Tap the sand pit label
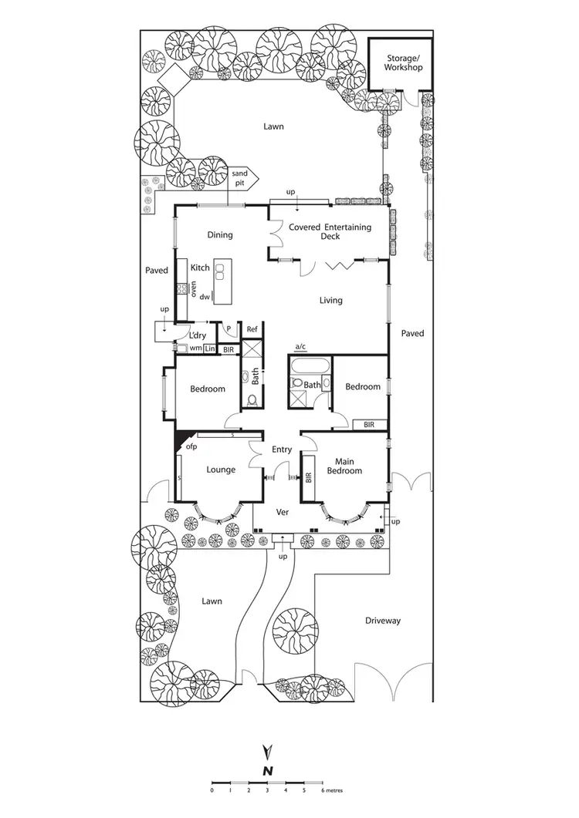point(239,179)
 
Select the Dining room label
point(219,235)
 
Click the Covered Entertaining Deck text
point(330,231)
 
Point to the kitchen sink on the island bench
point(220,271)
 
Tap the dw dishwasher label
point(205,296)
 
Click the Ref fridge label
point(252,329)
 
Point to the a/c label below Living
point(301,346)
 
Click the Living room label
point(330,300)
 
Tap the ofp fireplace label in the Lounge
point(191,446)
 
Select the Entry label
point(282,449)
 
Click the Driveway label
point(384,621)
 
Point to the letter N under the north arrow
point(267,770)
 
